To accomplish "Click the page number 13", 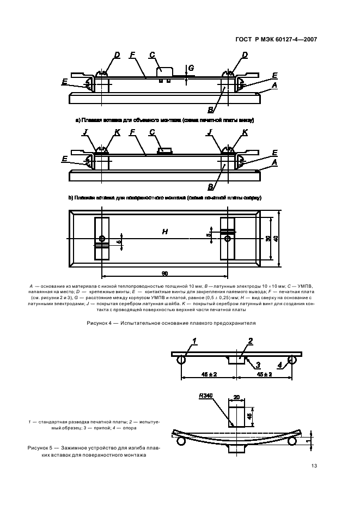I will pyautogui.click(x=314, y=466).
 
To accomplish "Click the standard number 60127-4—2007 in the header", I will pyautogui.click(x=293, y=39).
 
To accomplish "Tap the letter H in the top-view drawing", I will pyautogui.click(x=164, y=232).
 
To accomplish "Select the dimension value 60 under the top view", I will pyautogui.click(x=164, y=272).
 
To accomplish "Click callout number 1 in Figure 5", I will pyautogui.click(x=193, y=341).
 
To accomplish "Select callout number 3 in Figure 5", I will pyautogui.click(x=258, y=365).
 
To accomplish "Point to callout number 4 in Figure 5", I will pyautogui.click(x=279, y=365).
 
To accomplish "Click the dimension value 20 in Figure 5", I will pyautogui.click(x=236, y=398).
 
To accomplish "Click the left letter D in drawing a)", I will pyautogui.click(x=117, y=55).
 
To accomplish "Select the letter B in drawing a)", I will pyautogui.click(x=210, y=110).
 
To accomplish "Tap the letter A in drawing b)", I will pyautogui.click(x=274, y=162).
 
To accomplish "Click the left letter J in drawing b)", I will pyautogui.click(x=86, y=132).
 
